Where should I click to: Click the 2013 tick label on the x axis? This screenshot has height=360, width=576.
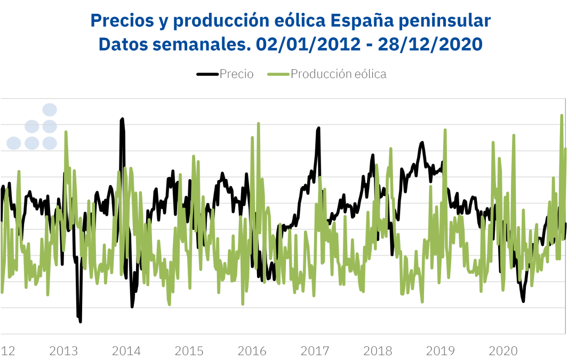coord(63,351)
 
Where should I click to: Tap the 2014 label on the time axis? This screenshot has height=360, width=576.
coord(126,351)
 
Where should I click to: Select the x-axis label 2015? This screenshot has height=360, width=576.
coord(189,351)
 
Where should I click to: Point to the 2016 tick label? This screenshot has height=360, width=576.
coord(252,351)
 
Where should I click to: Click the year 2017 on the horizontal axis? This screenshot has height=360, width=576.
coord(315,351)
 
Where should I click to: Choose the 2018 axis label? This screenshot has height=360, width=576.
coord(378,351)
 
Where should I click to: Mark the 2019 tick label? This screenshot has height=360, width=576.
coord(440,351)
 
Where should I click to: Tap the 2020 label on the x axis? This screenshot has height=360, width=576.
coord(503,351)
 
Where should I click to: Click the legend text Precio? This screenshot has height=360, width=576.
coord(236,74)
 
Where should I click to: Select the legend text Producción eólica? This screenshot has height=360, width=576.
coord(338,74)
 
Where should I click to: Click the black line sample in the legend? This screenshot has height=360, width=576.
coord(207,74)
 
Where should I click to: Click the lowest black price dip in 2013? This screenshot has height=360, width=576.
coord(80,321)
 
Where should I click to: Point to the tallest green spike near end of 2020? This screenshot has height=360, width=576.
coord(562,115)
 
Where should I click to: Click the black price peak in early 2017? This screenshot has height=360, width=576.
coord(319,128)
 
